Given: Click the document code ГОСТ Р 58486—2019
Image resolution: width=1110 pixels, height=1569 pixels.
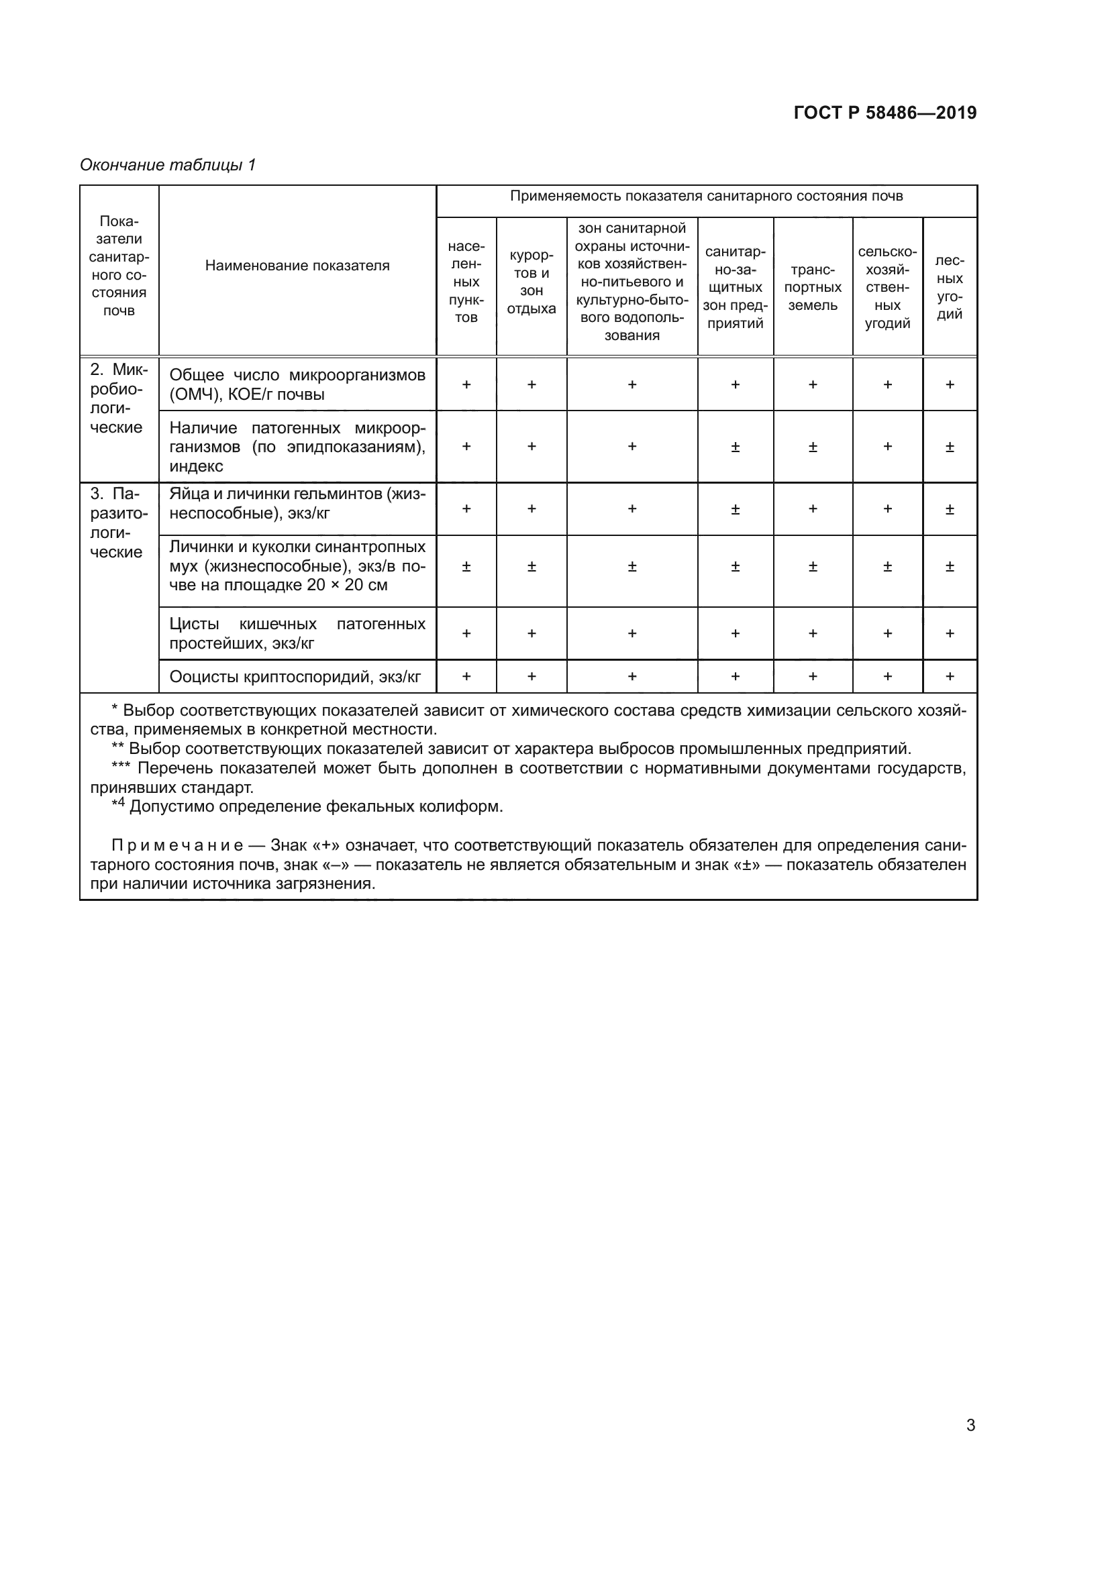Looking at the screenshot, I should (885, 113).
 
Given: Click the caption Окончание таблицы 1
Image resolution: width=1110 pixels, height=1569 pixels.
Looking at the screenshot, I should (168, 165).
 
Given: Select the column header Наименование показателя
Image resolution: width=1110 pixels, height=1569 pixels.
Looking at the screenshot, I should (297, 266).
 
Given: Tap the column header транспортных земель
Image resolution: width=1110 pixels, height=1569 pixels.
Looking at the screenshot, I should (813, 288).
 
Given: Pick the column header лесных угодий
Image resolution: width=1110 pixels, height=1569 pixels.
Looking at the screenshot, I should (950, 288).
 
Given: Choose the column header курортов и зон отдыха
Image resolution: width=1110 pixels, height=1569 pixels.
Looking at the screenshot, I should (531, 282).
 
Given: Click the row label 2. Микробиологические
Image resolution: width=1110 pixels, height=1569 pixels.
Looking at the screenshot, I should (117, 399).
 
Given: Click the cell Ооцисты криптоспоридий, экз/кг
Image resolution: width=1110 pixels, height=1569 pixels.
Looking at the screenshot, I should (295, 677).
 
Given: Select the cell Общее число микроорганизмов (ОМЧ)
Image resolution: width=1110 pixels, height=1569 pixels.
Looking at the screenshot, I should (297, 385).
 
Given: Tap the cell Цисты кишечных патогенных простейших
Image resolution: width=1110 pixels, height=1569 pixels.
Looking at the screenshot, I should (297, 633).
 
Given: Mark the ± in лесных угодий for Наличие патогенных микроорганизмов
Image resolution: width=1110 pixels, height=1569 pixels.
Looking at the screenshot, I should (950, 447).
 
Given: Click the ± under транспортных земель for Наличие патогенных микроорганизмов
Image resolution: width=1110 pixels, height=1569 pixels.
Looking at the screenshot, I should (813, 447).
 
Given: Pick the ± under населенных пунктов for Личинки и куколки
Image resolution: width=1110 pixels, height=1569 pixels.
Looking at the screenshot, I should (466, 567).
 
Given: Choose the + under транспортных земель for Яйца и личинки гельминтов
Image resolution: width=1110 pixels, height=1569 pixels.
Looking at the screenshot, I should (813, 509).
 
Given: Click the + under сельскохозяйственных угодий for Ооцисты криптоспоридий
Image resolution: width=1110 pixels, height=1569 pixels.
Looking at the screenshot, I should (887, 677).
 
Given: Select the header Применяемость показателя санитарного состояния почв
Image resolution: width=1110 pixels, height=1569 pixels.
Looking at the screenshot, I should (706, 197).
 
